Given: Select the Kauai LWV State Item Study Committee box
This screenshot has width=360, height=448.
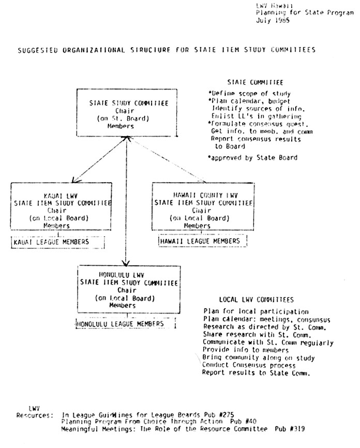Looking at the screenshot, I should [61, 206].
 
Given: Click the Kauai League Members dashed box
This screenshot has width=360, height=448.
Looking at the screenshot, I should [57, 242].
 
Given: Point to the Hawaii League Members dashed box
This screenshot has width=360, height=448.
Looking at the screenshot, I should [202, 241].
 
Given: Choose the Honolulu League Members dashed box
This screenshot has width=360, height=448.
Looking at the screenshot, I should [125, 324].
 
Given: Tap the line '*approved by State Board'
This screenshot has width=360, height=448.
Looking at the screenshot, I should [252, 157].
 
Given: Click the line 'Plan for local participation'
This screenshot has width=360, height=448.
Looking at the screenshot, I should [256, 312].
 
